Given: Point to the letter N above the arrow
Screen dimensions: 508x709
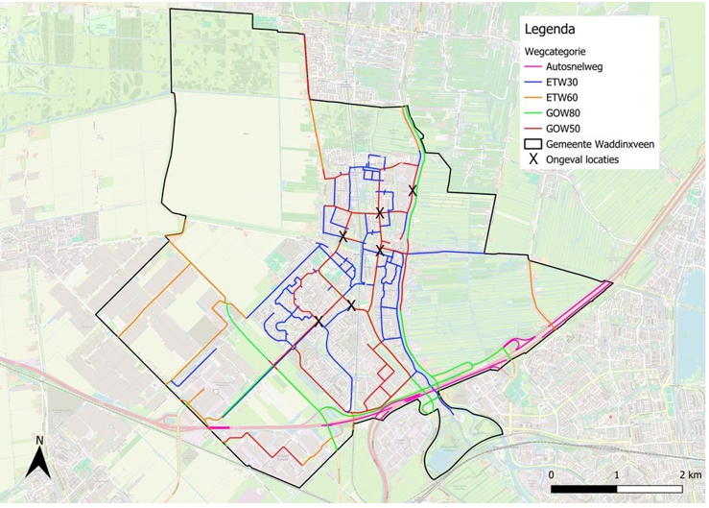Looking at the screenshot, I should [x=38, y=441].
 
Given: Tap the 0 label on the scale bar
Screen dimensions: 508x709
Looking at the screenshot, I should [x=551, y=475].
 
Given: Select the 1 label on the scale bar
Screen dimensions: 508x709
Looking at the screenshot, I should [x=615, y=475].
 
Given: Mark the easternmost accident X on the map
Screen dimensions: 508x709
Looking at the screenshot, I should [x=413, y=191].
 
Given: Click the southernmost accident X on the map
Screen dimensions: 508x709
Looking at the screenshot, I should [x=318, y=322].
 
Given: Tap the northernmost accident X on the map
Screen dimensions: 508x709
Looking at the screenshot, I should [x=413, y=191].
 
